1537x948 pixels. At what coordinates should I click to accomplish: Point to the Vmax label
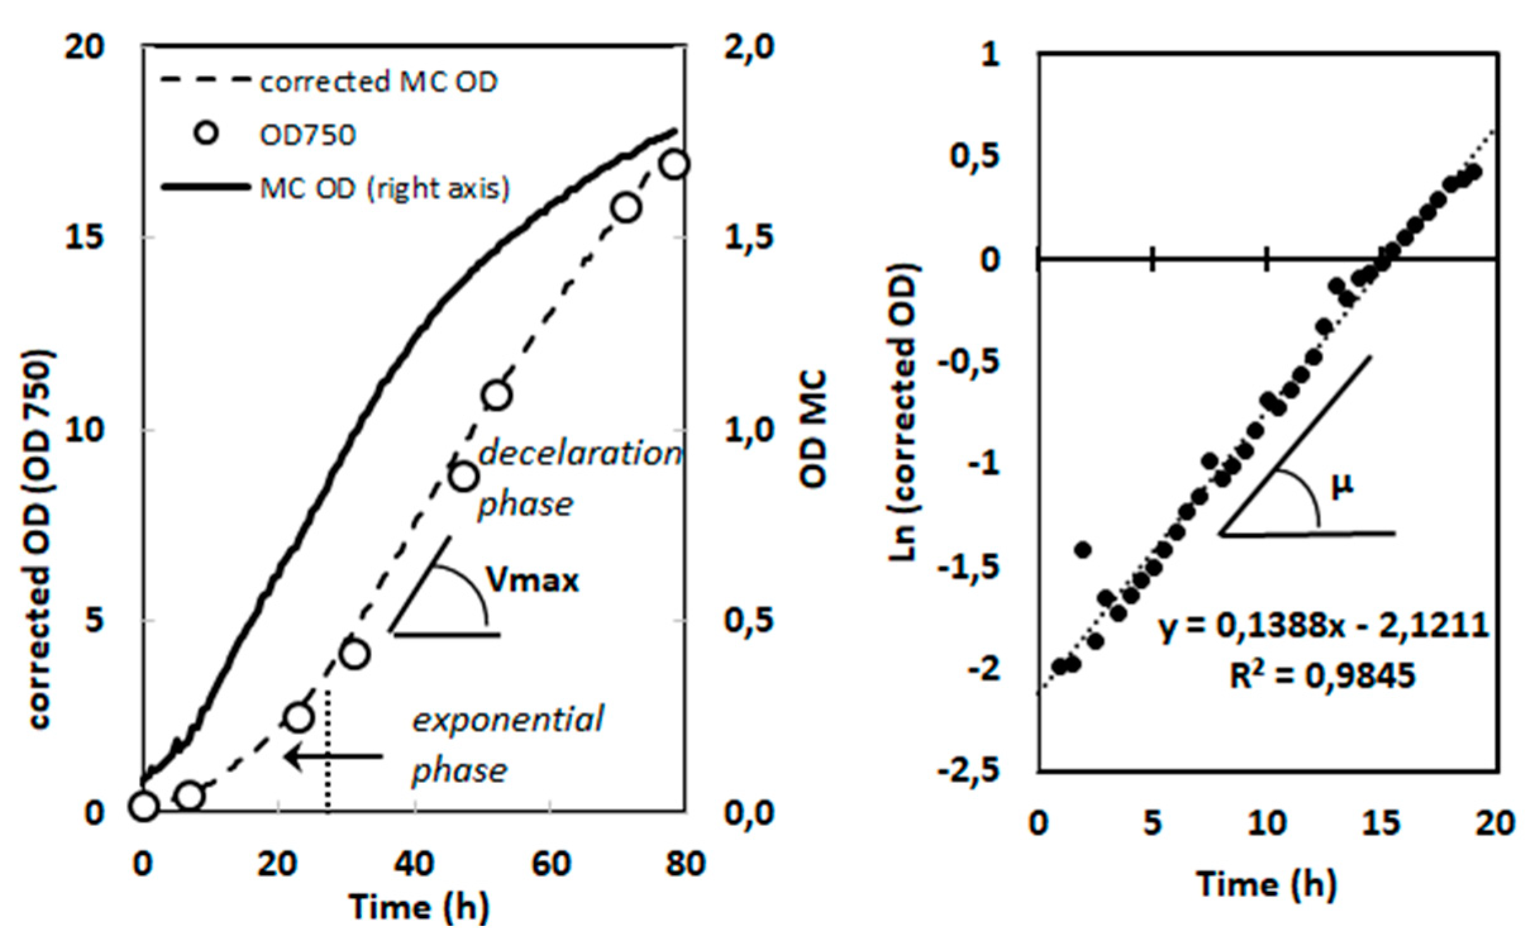pyautogui.click(x=533, y=580)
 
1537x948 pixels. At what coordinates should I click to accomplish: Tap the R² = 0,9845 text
pyautogui.click(x=1322, y=675)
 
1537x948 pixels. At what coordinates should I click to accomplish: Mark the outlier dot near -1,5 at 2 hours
pyautogui.click(x=1083, y=549)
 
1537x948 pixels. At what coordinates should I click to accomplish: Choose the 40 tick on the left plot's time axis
pyautogui.click(x=414, y=863)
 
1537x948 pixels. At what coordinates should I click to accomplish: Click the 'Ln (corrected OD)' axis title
pyautogui.click(x=905, y=411)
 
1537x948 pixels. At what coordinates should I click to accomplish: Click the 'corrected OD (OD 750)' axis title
pyautogui.click(x=39, y=541)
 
